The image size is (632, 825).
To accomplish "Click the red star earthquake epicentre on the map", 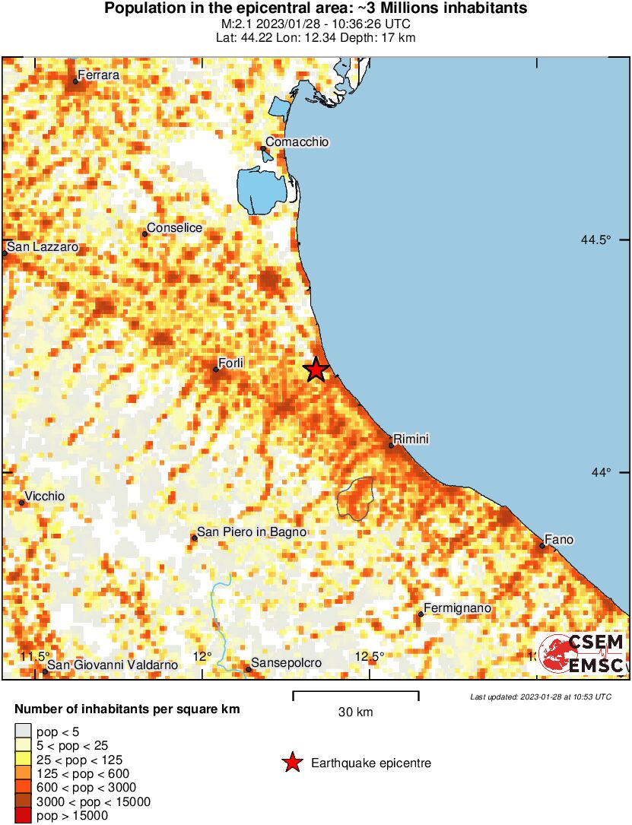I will [316, 370].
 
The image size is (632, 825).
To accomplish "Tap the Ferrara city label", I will [97, 75].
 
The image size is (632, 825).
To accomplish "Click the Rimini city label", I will [411, 439].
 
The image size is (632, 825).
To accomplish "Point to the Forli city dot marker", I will [216, 370].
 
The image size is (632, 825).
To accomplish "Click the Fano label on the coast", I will [559, 540].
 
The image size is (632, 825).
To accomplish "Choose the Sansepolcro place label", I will [286, 663].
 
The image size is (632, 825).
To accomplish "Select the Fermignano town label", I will [457, 608].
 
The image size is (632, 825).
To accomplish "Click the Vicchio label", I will [46, 496].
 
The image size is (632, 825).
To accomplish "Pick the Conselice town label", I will [174, 227].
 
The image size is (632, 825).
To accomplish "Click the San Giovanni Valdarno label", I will [113, 665].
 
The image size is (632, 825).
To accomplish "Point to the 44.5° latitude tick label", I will [595, 240].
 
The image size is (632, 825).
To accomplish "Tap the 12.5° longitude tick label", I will [370, 656].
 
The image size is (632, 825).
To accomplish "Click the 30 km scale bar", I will [355, 693].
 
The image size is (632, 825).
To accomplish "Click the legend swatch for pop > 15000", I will [24, 816].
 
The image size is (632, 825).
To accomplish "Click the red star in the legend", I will [291, 763].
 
